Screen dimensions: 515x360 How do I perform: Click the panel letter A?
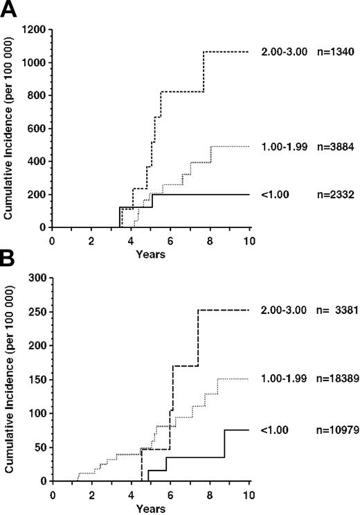[x=9, y=10]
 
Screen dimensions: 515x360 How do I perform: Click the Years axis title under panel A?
[x=151, y=254]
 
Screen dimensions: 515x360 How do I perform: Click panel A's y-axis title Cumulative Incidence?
[x=10, y=129]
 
